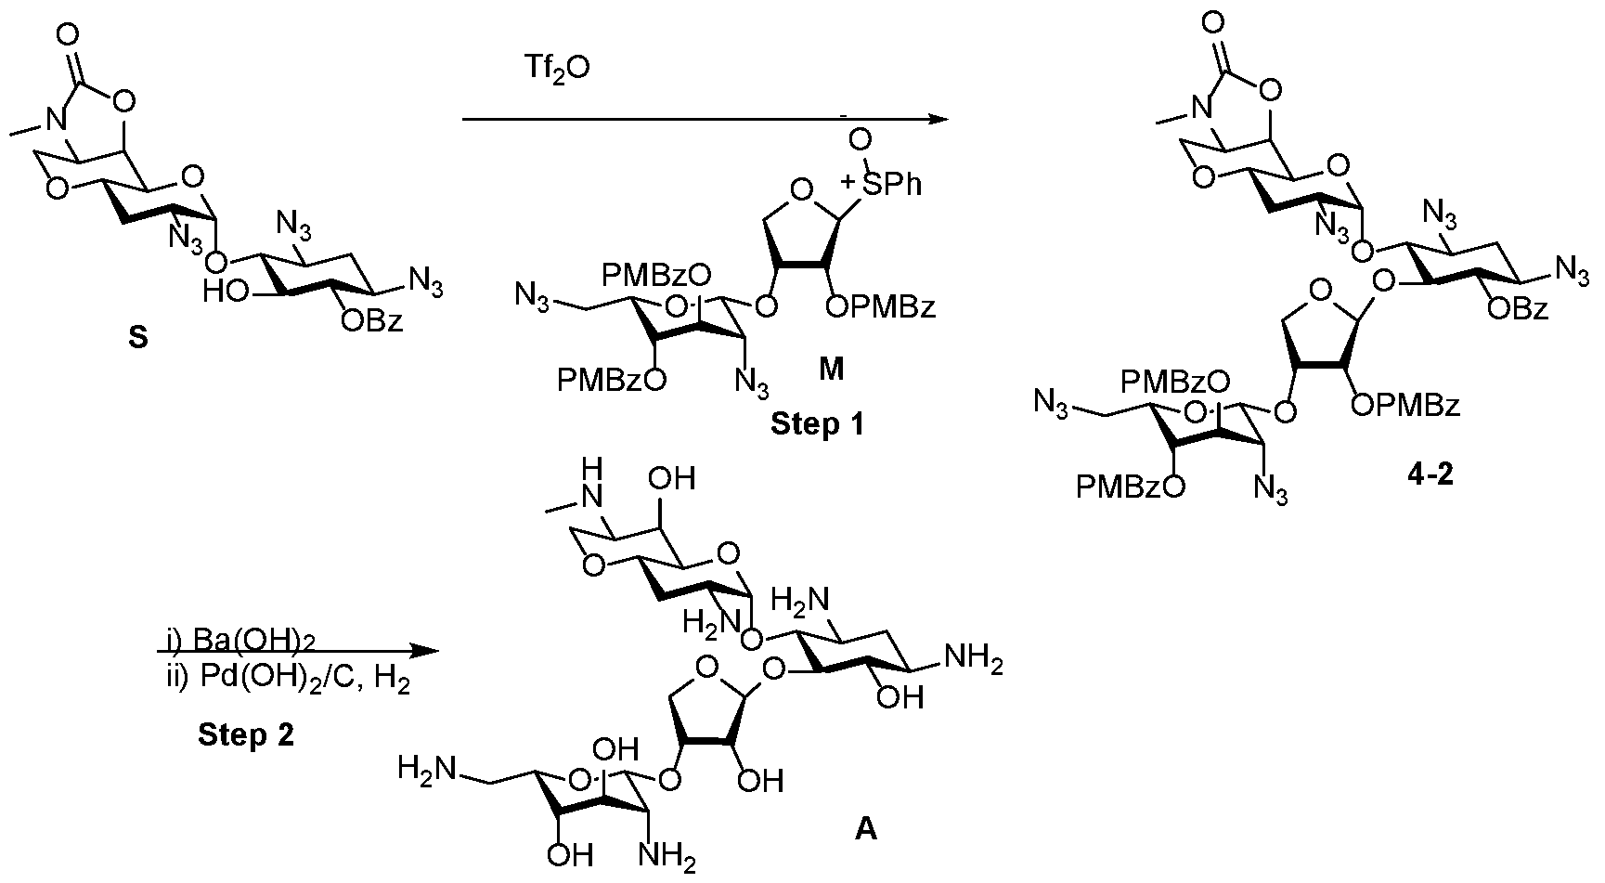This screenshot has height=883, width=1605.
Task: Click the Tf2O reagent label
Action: point(560,71)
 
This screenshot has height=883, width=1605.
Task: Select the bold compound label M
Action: point(831,369)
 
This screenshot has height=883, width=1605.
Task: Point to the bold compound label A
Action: point(864,828)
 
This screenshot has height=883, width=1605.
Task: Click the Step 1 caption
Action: point(816,425)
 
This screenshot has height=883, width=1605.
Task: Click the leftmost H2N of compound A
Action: point(426,770)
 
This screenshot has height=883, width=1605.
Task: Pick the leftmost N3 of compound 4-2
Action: point(1055,404)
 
